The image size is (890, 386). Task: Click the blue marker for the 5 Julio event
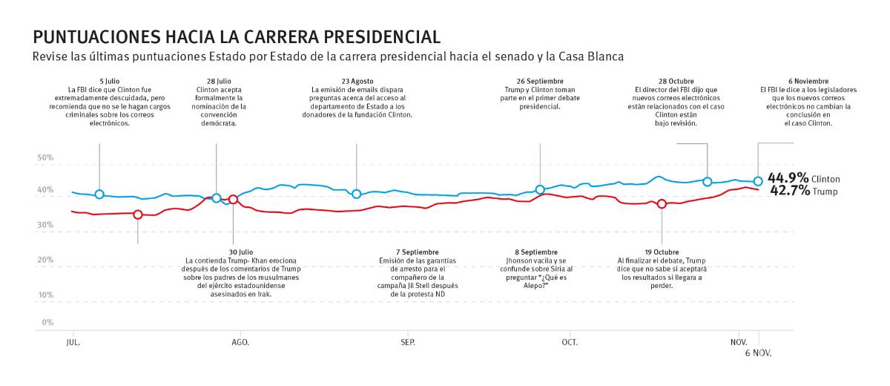[x=99, y=194]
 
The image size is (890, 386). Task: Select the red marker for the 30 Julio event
[x=234, y=200]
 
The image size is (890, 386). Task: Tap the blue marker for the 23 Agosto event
[x=357, y=194]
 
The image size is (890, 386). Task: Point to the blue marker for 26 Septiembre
[x=540, y=190]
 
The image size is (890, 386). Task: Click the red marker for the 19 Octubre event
[x=662, y=204]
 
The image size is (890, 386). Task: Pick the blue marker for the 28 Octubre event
[x=708, y=182]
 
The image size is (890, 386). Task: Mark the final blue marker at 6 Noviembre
[x=758, y=181]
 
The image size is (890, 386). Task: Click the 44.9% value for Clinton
[x=788, y=178]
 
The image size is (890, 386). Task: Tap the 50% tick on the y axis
[x=44, y=158]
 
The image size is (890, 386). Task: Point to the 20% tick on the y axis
[x=44, y=261]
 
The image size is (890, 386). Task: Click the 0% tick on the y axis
[x=47, y=323]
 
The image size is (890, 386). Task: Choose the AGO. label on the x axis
[x=240, y=342]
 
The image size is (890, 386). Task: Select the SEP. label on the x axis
[x=408, y=342]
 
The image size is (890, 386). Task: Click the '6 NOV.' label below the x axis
[x=759, y=353]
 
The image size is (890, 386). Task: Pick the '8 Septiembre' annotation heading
[x=531, y=252]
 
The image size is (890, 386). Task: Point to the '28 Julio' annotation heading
[x=216, y=81]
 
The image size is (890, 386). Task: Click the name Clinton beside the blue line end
[x=825, y=180]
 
